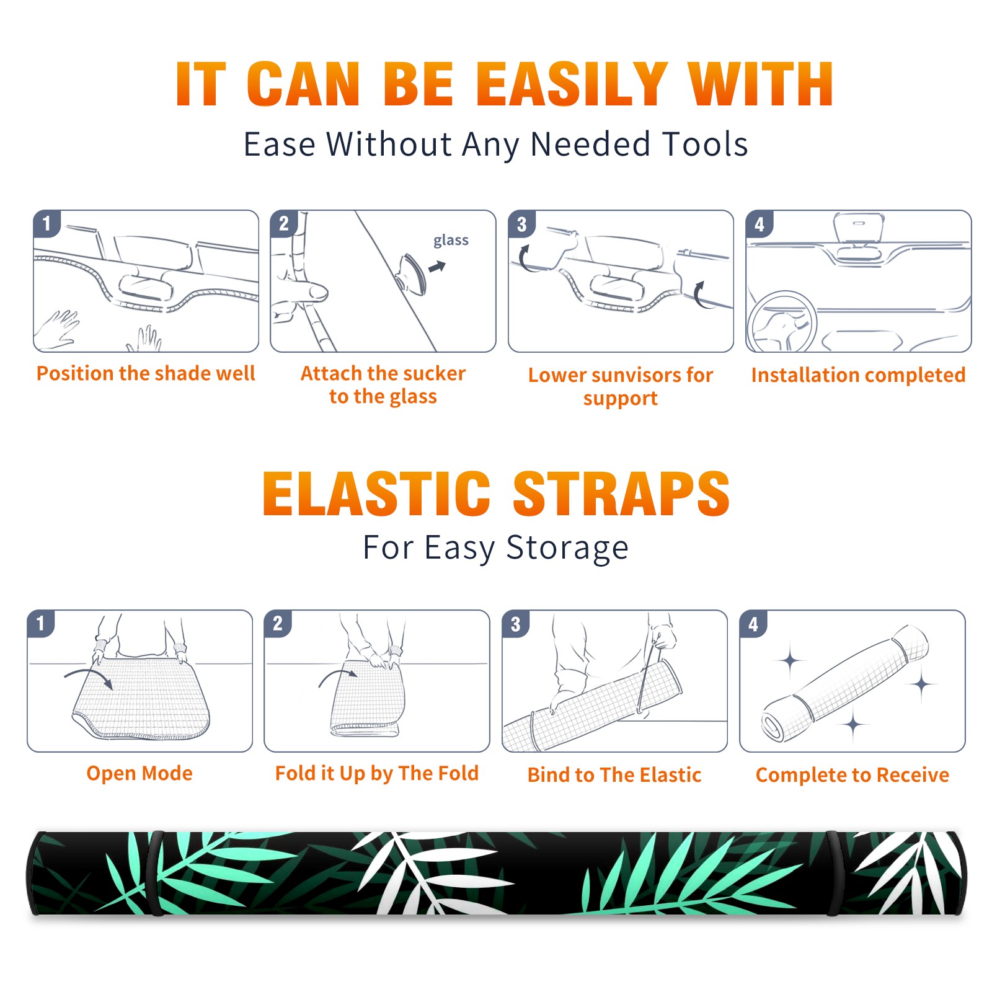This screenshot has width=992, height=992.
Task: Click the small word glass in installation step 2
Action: (451, 241)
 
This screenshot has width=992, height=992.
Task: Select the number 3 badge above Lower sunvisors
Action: (521, 224)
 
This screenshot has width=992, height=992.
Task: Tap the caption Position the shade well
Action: (146, 373)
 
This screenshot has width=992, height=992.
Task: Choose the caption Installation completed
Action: (859, 374)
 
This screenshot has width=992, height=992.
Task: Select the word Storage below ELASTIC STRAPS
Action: (567, 548)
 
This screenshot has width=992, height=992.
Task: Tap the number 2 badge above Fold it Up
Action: (277, 623)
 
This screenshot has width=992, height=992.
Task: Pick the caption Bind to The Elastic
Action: (614, 774)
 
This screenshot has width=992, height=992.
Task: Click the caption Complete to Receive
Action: (852, 774)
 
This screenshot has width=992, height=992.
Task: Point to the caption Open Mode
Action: (139, 773)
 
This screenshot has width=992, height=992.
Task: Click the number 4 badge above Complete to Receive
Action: (753, 624)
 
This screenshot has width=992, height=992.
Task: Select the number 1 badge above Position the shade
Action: (46, 223)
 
